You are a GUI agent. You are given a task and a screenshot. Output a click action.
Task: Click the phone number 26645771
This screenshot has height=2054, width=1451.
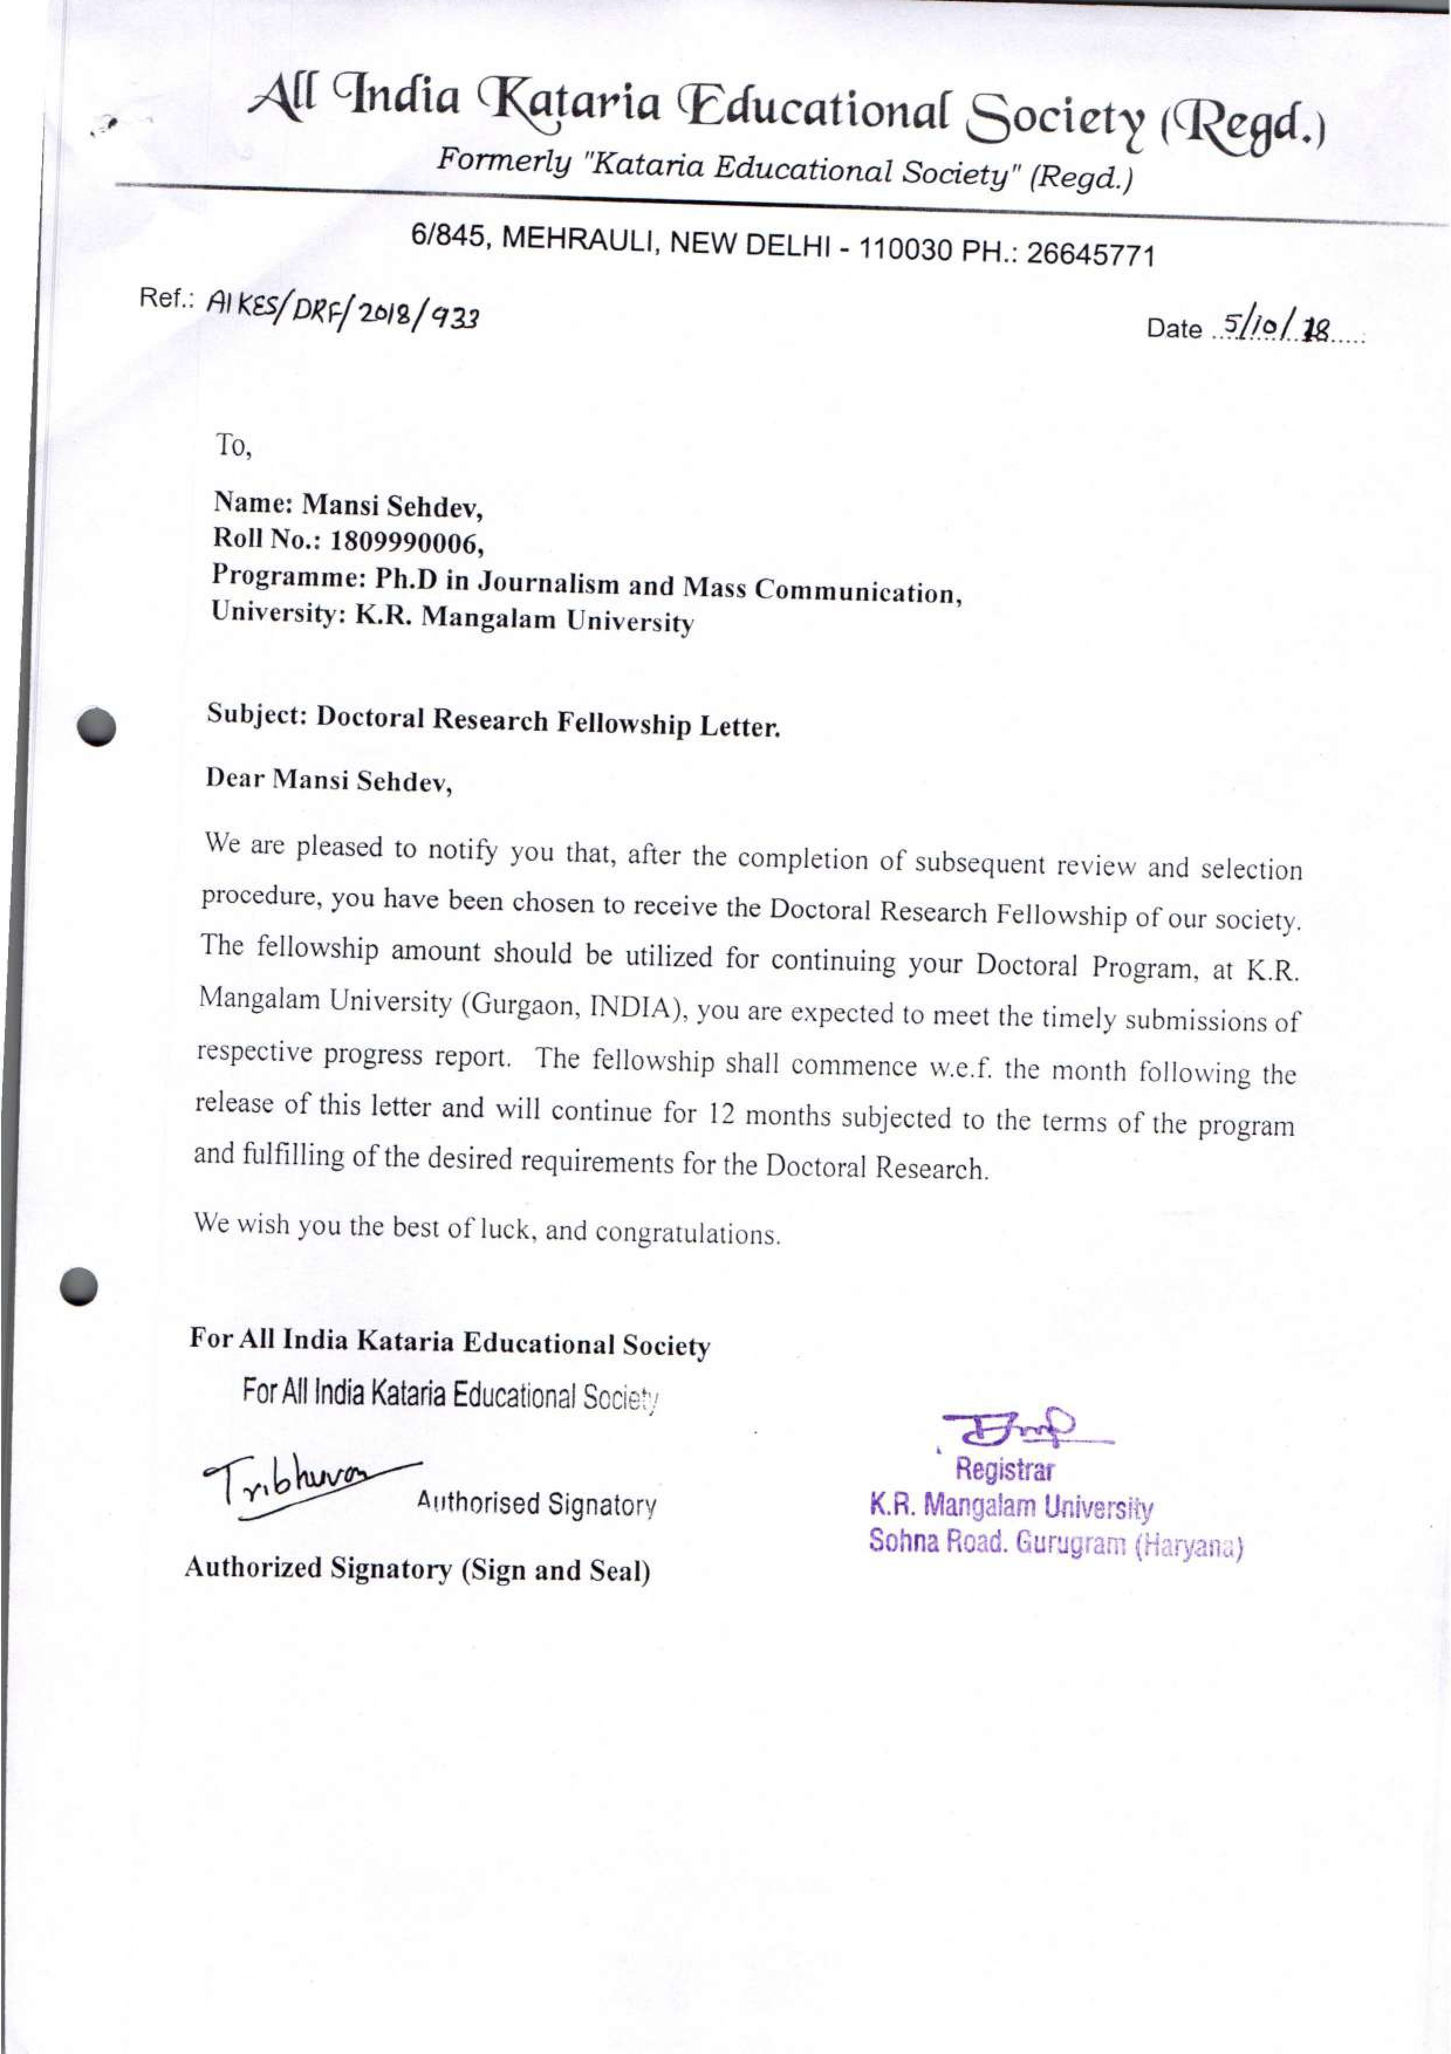click(1090, 255)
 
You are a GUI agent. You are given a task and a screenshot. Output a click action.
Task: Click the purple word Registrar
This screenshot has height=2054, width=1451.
click(1005, 1470)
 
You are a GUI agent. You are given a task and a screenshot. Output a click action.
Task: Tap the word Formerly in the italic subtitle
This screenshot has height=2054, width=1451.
click(503, 161)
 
